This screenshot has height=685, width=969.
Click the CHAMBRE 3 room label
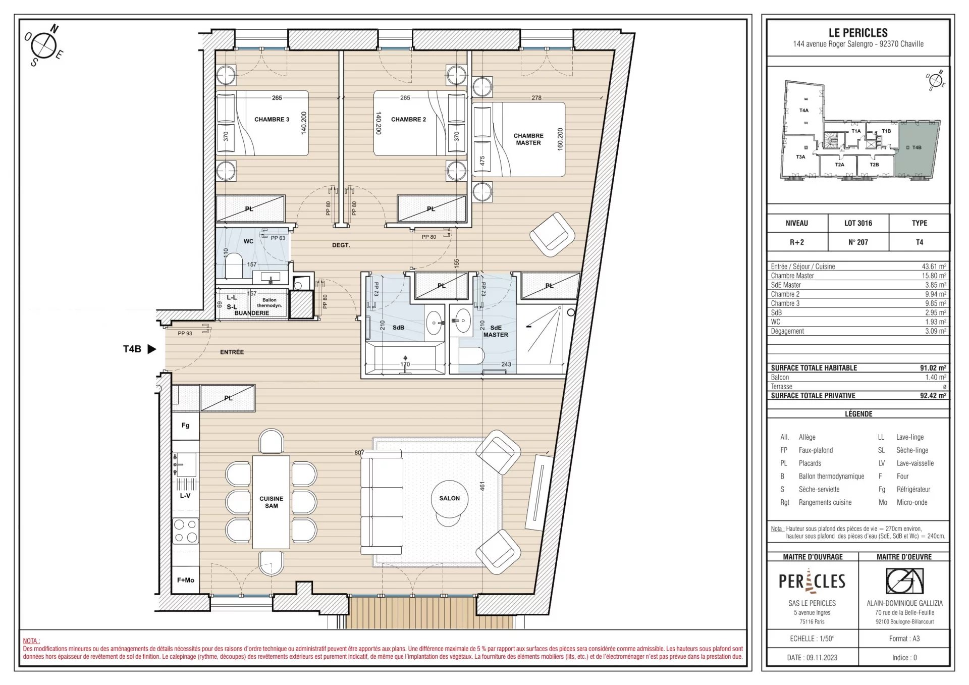(x=272, y=120)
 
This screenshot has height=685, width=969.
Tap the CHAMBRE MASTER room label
(x=528, y=139)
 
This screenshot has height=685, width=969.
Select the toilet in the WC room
(x=233, y=266)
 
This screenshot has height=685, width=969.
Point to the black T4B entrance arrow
(x=152, y=349)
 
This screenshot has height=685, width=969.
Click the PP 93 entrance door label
(x=185, y=334)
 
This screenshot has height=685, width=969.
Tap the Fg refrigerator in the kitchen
(x=186, y=426)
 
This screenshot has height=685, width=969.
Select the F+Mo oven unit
(x=186, y=580)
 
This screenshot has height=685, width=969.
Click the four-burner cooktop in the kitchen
(x=186, y=531)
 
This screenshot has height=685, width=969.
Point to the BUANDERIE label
(x=252, y=313)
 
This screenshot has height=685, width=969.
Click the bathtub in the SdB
(x=405, y=358)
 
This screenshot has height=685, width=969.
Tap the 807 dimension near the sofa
(x=359, y=453)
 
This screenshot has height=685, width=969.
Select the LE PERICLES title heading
(x=858, y=33)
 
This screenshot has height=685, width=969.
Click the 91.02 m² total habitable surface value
(x=933, y=368)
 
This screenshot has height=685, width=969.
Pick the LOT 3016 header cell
(x=858, y=223)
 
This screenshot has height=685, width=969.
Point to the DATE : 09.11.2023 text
(x=812, y=657)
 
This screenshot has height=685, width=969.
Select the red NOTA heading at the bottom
(x=31, y=641)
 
